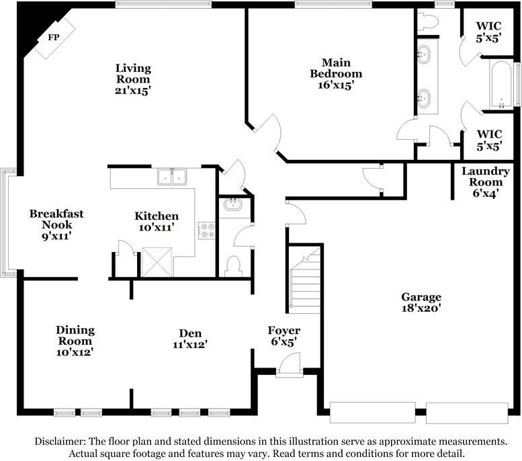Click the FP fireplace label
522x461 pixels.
click(x=54, y=38)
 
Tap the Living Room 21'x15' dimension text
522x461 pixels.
click(x=133, y=91)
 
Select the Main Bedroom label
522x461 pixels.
click(x=336, y=68)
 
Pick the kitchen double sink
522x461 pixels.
click(x=172, y=177)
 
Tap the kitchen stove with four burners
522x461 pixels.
click(x=207, y=230)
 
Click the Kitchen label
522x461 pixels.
click(x=157, y=216)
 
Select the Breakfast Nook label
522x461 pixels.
click(x=56, y=219)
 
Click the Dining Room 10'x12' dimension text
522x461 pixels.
click(x=75, y=352)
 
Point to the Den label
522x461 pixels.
click(x=190, y=333)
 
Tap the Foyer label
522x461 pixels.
click(x=284, y=331)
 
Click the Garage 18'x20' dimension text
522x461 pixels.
click(x=421, y=308)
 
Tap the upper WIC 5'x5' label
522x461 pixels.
click(x=488, y=32)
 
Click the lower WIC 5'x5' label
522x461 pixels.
click(x=489, y=140)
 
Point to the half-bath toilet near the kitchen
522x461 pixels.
click(x=233, y=266)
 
